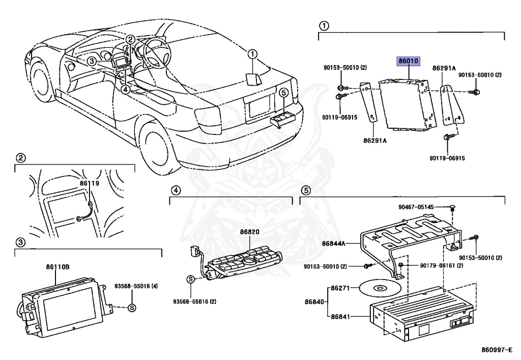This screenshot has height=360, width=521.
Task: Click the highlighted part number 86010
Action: (x=408, y=61)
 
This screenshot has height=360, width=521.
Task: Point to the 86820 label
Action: (x=250, y=231)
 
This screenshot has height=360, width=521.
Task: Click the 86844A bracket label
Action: (x=333, y=244)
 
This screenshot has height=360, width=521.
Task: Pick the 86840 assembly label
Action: (x=314, y=301)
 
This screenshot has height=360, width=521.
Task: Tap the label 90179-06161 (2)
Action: (x=442, y=265)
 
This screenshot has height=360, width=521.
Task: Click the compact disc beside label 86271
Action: (x=379, y=289)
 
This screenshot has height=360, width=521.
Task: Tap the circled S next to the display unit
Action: (x=131, y=307)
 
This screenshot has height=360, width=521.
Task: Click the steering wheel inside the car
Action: (x=153, y=53)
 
